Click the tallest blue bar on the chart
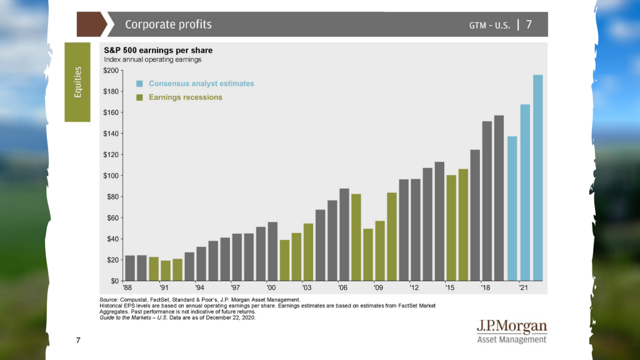[x=537, y=178]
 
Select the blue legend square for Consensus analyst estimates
[x=140, y=84]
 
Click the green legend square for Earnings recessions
[x=140, y=97]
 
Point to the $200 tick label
[x=111, y=71]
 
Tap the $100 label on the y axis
[x=111, y=176]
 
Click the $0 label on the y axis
[x=114, y=281]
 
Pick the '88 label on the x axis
[x=128, y=288]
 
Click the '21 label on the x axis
[x=522, y=288]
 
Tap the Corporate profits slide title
[x=168, y=24]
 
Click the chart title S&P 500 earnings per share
[x=154, y=49]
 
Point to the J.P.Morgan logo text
[x=511, y=326]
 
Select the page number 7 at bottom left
[x=78, y=341]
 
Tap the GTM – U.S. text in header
[x=489, y=25]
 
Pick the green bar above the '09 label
[x=379, y=251]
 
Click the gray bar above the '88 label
[x=130, y=268]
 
